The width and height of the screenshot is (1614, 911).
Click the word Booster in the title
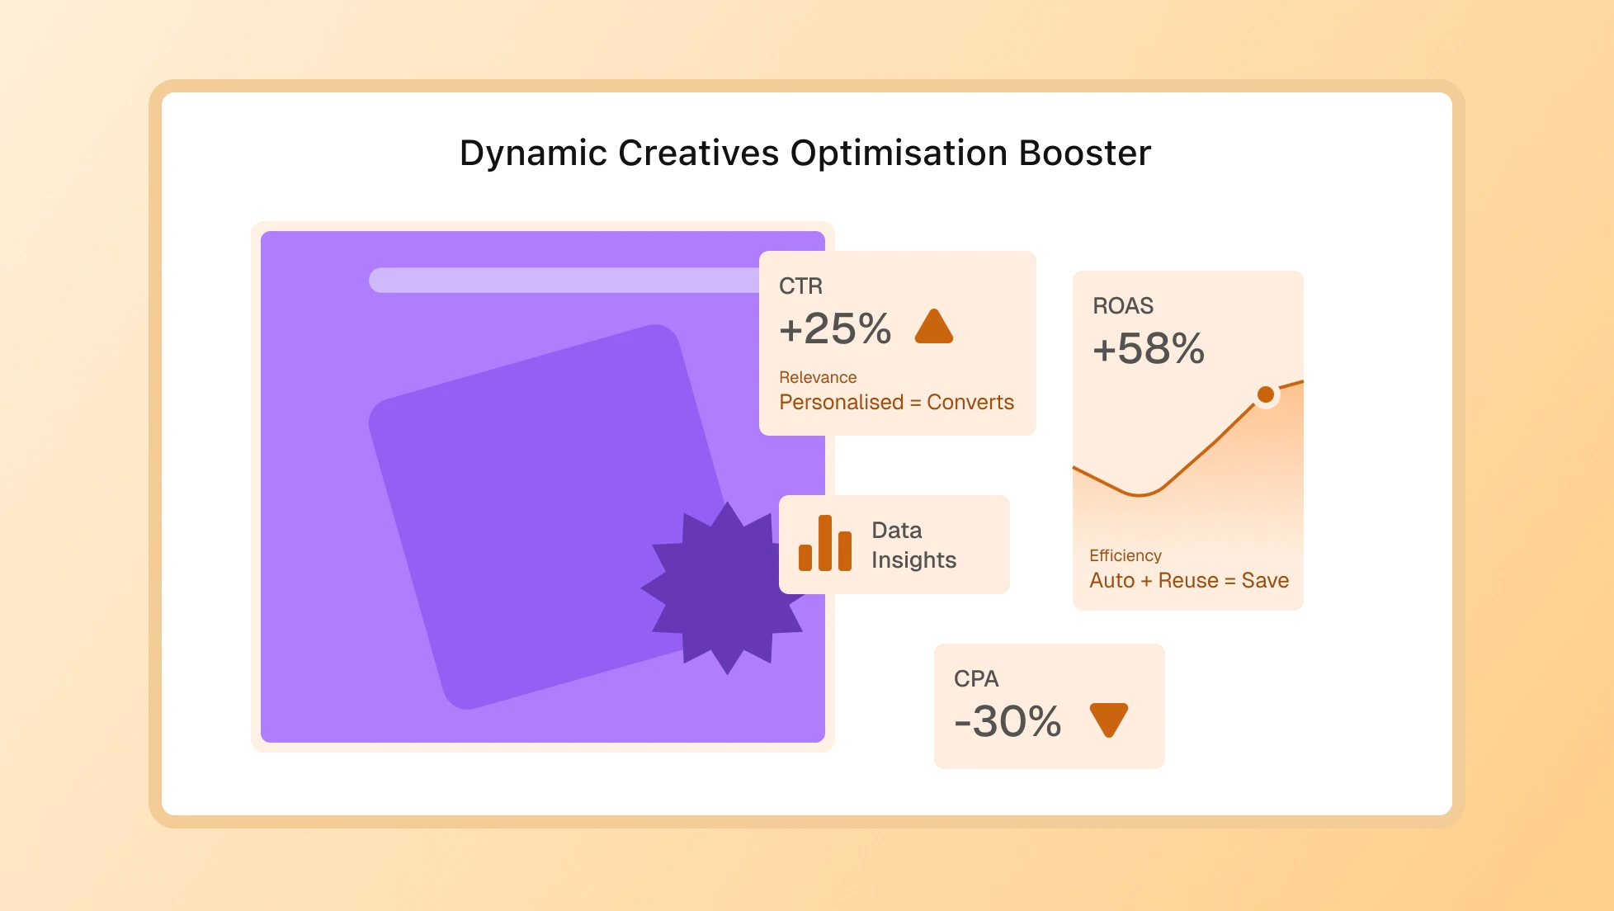[x=1084, y=153]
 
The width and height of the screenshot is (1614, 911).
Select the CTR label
[x=800, y=286]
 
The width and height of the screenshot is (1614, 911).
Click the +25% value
[x=835, y=328]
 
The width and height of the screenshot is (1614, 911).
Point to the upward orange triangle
[x=934, y=328]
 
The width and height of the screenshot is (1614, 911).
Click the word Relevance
[x=818, y=377]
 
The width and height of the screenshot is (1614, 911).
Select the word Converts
[x=970, y=402]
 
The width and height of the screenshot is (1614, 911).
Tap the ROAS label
[x=1122, y=306]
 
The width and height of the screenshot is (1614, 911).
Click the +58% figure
[x=1149, y=348]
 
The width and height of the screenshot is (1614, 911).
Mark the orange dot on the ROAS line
[x=1265, y=394]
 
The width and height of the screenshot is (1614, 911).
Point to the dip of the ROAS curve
[x=1140, y=494]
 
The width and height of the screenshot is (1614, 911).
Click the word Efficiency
[x=1125, y=555]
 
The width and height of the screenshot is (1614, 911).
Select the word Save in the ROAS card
[x=1265, y=580]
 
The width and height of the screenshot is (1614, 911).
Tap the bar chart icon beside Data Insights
[x=824, y=544]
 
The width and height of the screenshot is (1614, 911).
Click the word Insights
[x=913, y=560]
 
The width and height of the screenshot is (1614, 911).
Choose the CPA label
[x=976, y=679]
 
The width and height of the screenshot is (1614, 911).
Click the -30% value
[x=1008, y=721]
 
